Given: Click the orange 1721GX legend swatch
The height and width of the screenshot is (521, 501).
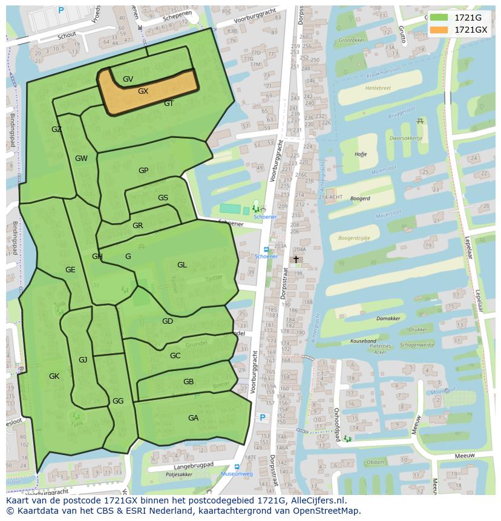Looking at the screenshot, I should tap(439, 30).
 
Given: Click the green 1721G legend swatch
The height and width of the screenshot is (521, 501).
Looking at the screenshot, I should tap(439, 18).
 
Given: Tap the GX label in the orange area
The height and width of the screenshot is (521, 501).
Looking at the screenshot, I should tap(143, 91).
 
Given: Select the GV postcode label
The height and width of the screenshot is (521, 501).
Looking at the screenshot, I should tap(128, 79).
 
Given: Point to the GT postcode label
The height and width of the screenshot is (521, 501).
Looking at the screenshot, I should tap(169, 103).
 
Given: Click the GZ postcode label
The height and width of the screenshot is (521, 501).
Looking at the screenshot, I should tap(56, 129).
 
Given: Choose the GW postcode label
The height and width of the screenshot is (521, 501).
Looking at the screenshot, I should tap(81, 159).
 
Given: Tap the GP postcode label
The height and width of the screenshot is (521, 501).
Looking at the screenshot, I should tap(143, 171).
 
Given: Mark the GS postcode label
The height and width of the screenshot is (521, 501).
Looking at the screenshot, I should tap(163, 198).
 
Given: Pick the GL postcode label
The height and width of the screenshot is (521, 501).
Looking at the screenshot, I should tap(182, 265).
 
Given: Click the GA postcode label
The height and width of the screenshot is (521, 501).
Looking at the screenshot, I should tap(193, 418).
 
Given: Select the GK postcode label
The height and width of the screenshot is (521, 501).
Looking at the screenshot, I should tap(54, 376).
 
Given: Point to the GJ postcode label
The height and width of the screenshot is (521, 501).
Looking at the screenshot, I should tap(83, 360).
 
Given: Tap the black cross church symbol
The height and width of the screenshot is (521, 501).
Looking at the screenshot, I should tap(296, 259).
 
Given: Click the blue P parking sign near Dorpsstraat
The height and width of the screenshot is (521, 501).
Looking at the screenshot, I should tap(263, 418).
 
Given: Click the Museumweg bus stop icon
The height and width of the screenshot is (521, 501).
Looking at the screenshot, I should tap(237, 467).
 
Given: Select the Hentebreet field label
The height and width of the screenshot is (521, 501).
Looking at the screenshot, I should tap(378, 88).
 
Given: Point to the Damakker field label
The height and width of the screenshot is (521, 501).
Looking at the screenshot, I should tap(388, 318).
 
